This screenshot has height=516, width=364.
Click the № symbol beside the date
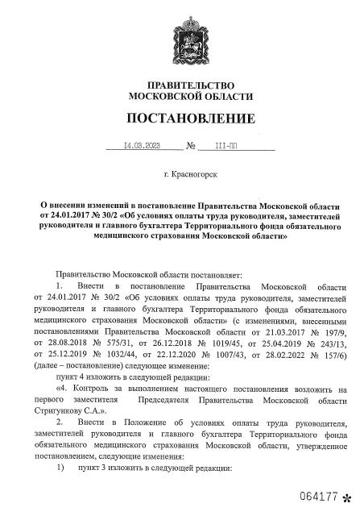coord(191,148)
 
